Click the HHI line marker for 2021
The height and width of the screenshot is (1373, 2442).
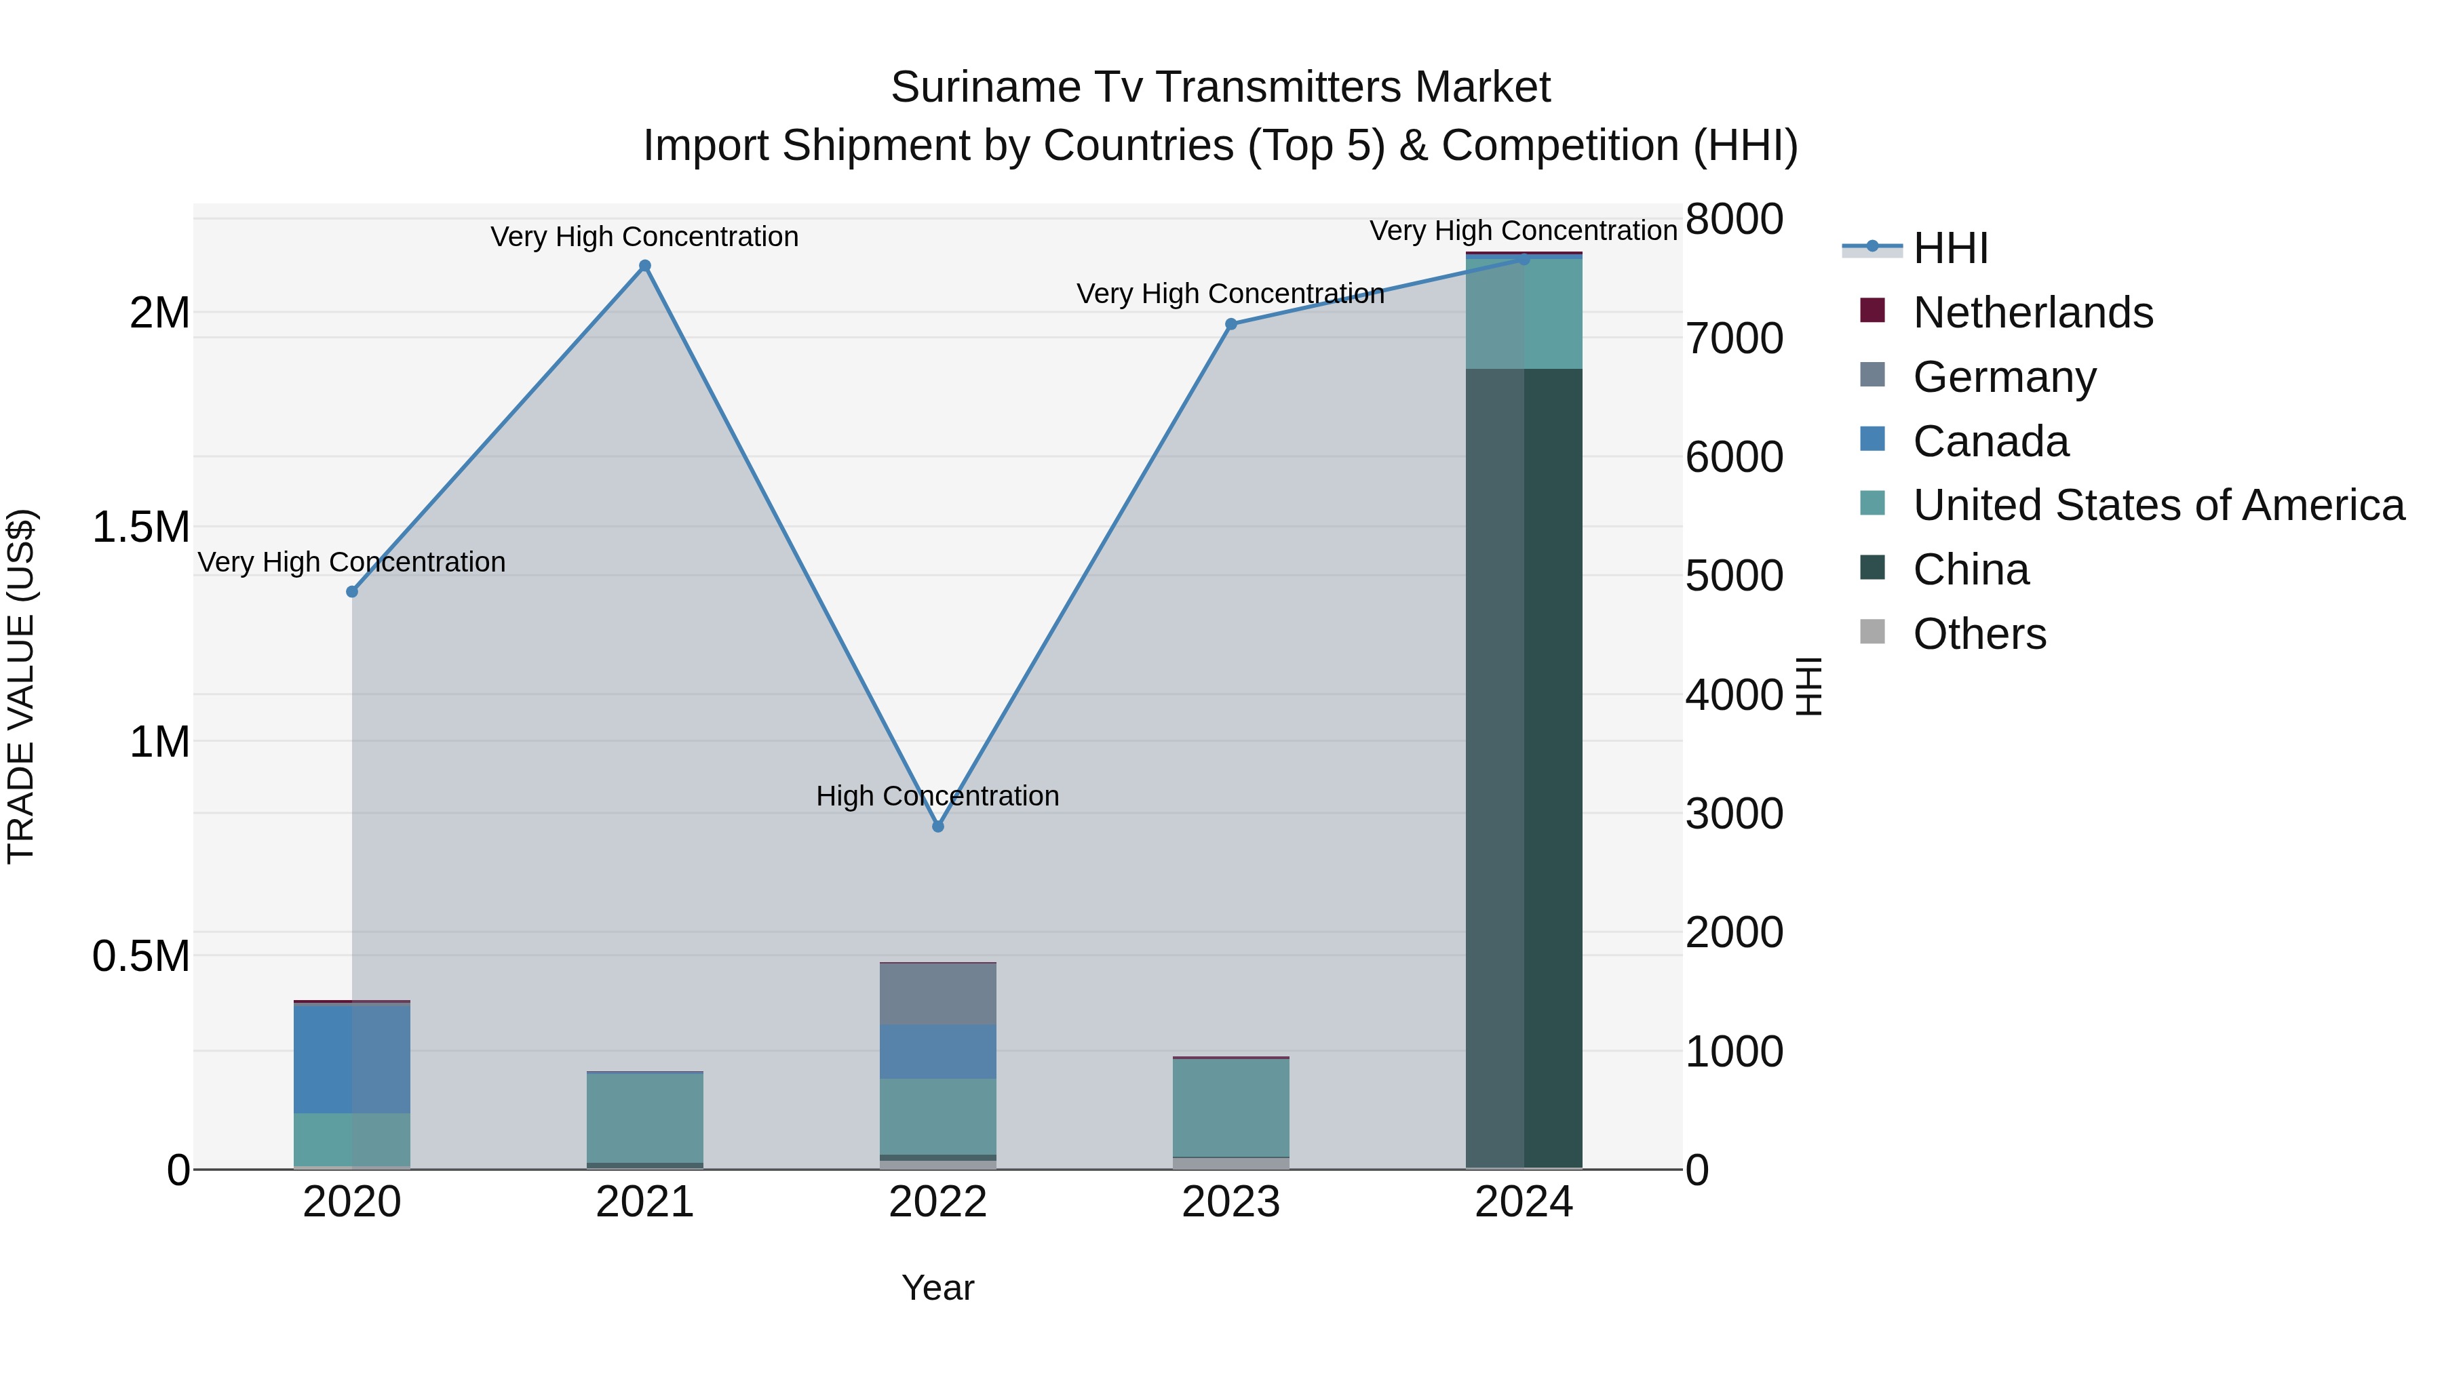(x=644, y=266)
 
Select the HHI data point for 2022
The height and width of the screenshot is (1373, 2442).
(x=937, y=827)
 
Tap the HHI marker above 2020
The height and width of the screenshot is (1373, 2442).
(x=351, y=592)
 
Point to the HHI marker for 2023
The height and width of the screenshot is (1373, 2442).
(x=1230, y=324)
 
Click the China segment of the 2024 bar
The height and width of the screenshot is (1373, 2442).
(x=1524, y=768)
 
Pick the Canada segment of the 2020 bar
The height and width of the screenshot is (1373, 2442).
(x=351, y=1058)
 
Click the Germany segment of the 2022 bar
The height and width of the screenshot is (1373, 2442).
(x=937, y=994)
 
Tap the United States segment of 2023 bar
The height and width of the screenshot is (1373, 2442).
(x=1230, y=1108)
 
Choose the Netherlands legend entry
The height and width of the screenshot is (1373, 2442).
(x=2032, y=313)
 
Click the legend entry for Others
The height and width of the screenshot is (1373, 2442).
(x=1979, y=634)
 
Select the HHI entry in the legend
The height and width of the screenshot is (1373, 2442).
(x=1950, y=248)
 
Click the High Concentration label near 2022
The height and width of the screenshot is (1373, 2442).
(x=937, y=796)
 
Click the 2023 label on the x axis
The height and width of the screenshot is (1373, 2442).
(x=1230, y=1202)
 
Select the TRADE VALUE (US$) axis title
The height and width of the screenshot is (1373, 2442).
(x=21, y=686)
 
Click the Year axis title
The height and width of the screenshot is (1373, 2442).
(x=937, y=1288)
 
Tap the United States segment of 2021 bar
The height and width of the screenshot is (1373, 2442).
(x=644, y=1117)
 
